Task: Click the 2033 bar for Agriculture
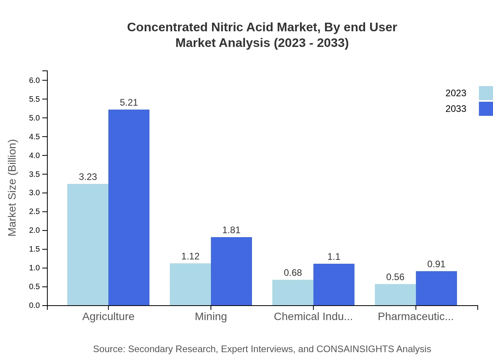(x=129, y=207)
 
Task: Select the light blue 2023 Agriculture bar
(x=88, y=245)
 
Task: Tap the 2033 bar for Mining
(x=231, y=271)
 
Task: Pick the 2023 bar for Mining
(x=190, y=284)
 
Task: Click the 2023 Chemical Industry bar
(x=293, y=292)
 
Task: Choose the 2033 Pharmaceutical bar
(x=436, y=288)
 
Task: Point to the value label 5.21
(x=129, y=103)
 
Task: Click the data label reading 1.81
(x=231, y=230)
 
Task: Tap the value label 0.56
(x=395, y=277)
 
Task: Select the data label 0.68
(x=293, y=273)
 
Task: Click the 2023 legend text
(x=456, y=93)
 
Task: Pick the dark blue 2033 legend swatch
(x=486, y=109)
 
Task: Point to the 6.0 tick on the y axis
(x=34, y=80)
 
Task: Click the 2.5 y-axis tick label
(x=34, y=212)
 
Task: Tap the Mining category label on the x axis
(x=211, y=317)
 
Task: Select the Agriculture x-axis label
(x=108, y=317)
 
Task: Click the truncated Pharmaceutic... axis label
(x=416, y=317)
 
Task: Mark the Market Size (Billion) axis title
(x=13, y=188)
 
